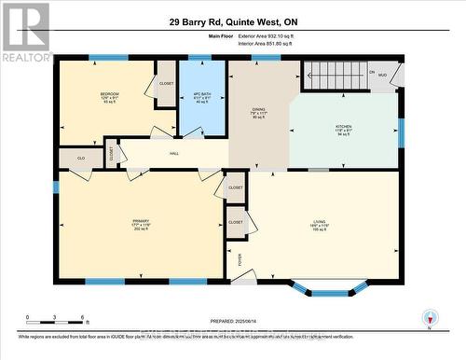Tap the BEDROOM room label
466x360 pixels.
pos(109,95)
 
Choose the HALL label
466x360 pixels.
pos(173,154)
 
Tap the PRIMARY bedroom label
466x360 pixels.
pos(141,222)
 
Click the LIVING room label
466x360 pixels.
pos(319,222)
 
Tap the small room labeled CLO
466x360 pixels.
pos(81,159)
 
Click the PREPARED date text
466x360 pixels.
pos(234,322)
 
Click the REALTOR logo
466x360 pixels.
pos(25,32)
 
